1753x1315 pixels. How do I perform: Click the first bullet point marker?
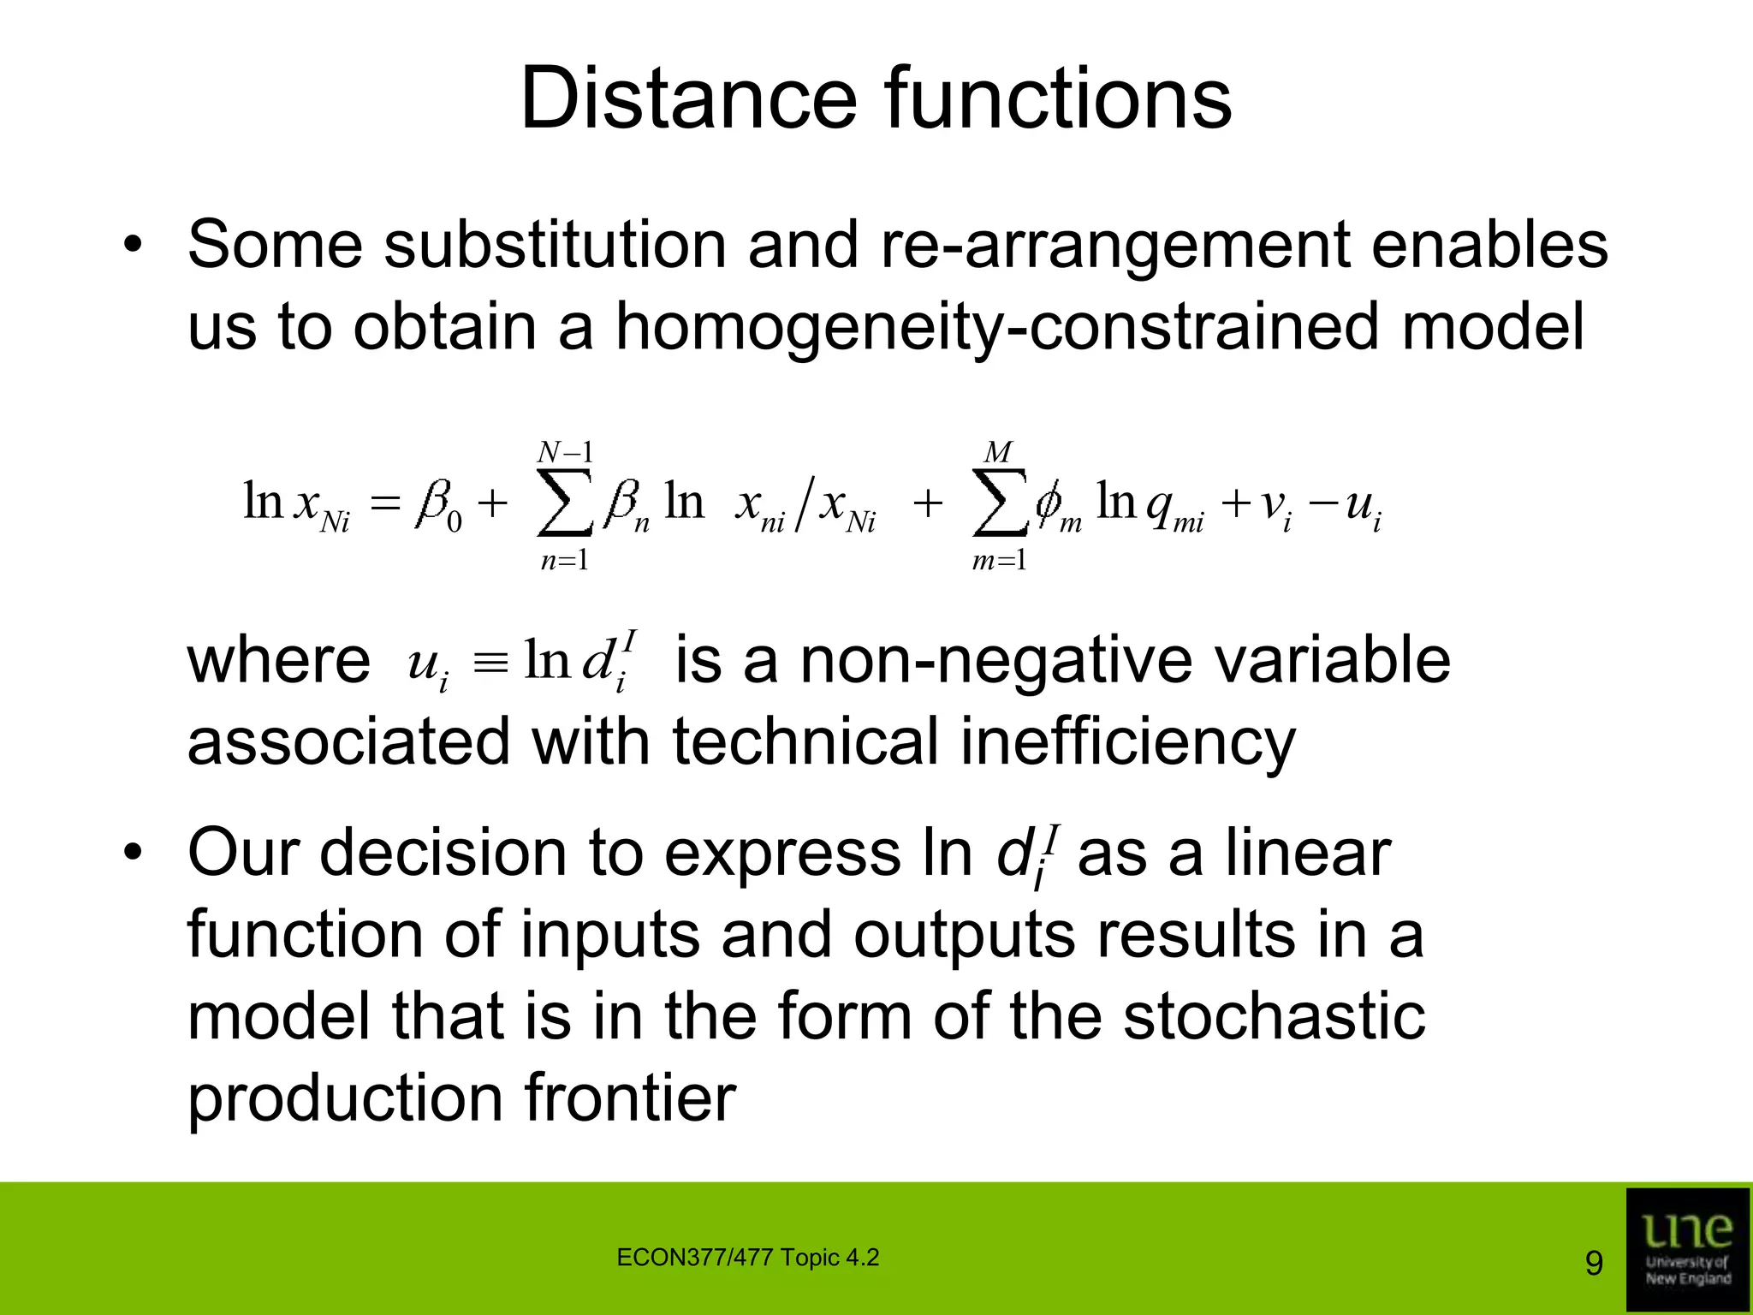click(x=133, y=246)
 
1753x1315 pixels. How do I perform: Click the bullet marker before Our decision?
click(x=133, y=854)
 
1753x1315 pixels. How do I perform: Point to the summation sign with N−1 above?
click(x=564, y=502)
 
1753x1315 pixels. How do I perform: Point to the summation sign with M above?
click(x=999, y=502)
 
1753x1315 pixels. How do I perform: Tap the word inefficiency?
click(x=1127, y=742)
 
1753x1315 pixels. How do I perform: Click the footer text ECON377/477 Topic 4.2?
click(x=747, y=1258)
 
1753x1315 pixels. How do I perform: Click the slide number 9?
click(x=1594, y=1264)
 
